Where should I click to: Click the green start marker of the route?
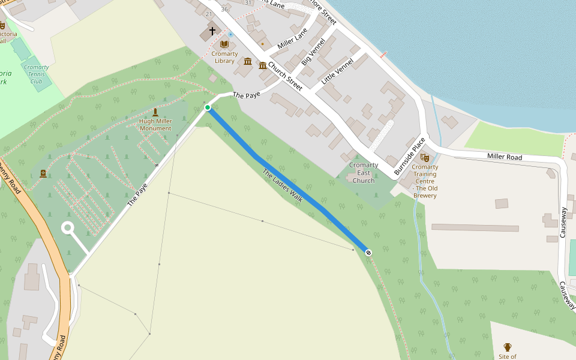[x=208, y=107]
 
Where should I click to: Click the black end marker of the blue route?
[x=368, y=253]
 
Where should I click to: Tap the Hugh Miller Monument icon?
[x=155, y=112]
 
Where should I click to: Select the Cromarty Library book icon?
[x=224, y=44]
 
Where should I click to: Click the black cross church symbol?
[x=212, y=31]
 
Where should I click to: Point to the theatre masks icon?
[x=425, y=158]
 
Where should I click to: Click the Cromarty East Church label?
[x=364, y=173]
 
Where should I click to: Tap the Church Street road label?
[x=285, y=76]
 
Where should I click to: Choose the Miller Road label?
[x=504, y=157]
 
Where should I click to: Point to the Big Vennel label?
[x=313, y=52]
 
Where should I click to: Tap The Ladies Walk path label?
[x=282, y=186]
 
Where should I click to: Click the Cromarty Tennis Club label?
[x=37, y=74]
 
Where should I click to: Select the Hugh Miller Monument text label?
[x=155, y=125]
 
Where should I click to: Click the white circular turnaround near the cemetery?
[x=68, y=228]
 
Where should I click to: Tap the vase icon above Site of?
[x=508, y=347]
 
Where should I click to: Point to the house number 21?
[x=209, y=14]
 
